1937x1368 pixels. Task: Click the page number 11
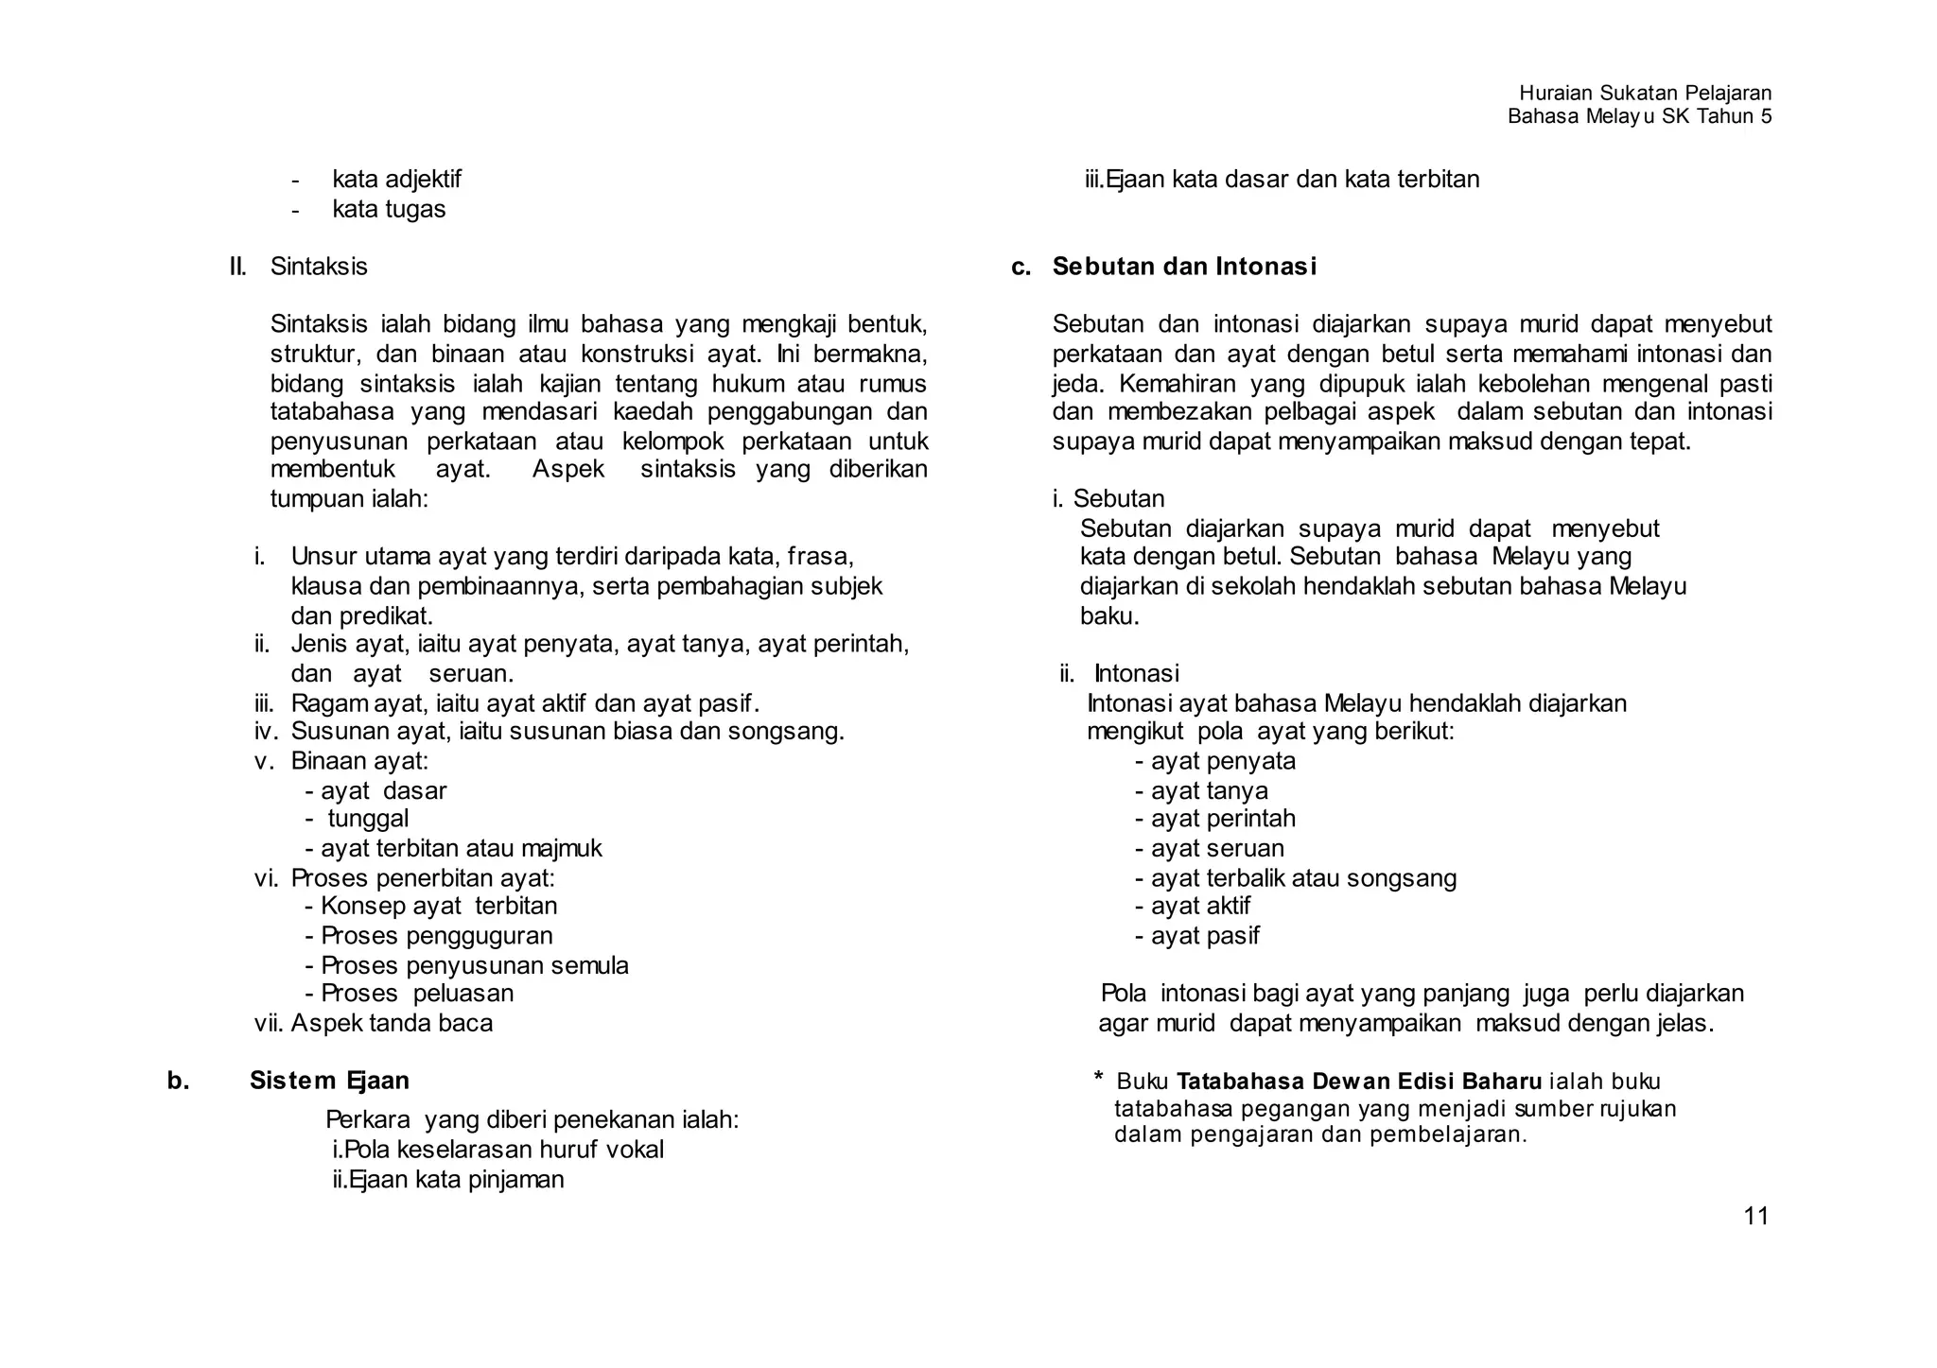pos(1755,1217)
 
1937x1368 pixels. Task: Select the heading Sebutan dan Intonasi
pos(1184,267)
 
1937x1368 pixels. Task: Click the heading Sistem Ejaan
pos(329,1081)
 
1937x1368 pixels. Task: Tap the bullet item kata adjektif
pos(396,180)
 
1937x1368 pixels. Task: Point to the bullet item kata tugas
pos(389,209)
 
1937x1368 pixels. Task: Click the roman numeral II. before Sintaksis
pos(238,267)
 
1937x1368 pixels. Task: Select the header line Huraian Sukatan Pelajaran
pos(1645,93)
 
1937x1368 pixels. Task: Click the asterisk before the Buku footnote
pos(1099,1078)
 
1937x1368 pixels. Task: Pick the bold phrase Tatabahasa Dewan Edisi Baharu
pos(1359,1082)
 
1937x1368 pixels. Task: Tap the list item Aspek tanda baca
pos(392,1023)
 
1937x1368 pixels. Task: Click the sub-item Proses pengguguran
pos(436,936)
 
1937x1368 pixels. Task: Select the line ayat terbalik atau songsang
pos(1303,878)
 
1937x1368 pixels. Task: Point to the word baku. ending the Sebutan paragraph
pos(1109,616)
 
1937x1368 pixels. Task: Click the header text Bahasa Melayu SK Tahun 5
pos(1639,117)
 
